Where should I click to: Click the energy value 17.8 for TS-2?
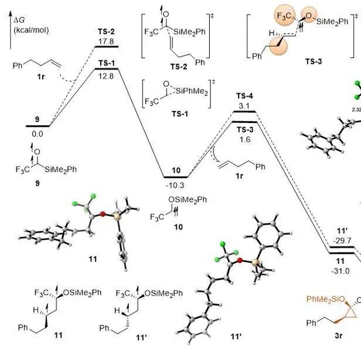106,42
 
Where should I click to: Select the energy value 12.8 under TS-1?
106,76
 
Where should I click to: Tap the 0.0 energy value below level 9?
38,134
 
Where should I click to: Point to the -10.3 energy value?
175,185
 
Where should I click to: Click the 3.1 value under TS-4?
244,106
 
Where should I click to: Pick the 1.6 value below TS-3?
245,139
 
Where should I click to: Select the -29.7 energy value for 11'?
342,241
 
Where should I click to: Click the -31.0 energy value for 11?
340,271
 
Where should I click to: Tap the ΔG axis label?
19,21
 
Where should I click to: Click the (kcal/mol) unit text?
31,30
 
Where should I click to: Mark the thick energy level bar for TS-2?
107,47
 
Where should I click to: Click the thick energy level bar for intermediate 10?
176,177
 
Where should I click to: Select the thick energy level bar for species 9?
38,126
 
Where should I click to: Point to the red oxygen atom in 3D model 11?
103,214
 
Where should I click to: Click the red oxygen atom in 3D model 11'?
240,260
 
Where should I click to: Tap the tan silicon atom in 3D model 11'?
255,262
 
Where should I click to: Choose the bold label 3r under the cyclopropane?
339,336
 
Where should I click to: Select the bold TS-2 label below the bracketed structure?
179,67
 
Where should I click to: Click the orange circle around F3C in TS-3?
284,16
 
